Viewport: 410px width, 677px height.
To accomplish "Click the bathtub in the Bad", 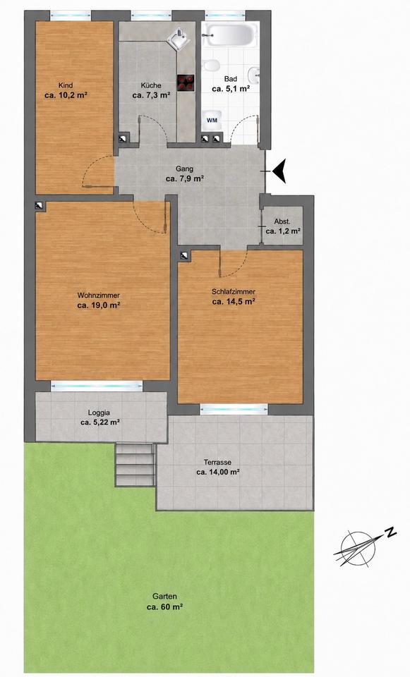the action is (x=231, y=35).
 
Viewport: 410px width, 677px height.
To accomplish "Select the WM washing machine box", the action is (x=212, y=120).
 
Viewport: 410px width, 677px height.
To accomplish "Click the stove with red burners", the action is (x=186, y=83).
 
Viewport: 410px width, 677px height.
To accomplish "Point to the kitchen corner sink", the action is (x=179, y=39).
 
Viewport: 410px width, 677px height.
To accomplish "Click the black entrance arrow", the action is (x=279, y=171).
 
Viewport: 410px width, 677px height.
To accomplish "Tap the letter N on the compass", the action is (x=391, y=532).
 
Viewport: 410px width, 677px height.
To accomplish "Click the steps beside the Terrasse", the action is (x=135, y=465).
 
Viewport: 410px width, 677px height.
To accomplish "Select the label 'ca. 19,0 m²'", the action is (x=99, y=305).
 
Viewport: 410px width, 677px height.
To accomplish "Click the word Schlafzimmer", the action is (x=234, y=292).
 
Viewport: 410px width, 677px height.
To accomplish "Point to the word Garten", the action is (x=164, y=597).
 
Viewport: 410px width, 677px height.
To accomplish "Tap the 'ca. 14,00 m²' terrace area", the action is (x=218, y=472).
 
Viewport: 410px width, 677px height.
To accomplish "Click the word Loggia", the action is (x=99, y=413).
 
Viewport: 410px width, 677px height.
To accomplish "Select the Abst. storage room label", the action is (x=282, y=222).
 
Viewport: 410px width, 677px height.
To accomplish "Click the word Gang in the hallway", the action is (x=184, y=169).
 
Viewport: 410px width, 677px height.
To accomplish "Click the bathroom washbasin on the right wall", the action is (x=254, y=75).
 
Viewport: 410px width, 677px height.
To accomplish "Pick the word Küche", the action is (x=151, y=85).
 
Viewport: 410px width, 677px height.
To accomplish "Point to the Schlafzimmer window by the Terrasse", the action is (x=234, y=408).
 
